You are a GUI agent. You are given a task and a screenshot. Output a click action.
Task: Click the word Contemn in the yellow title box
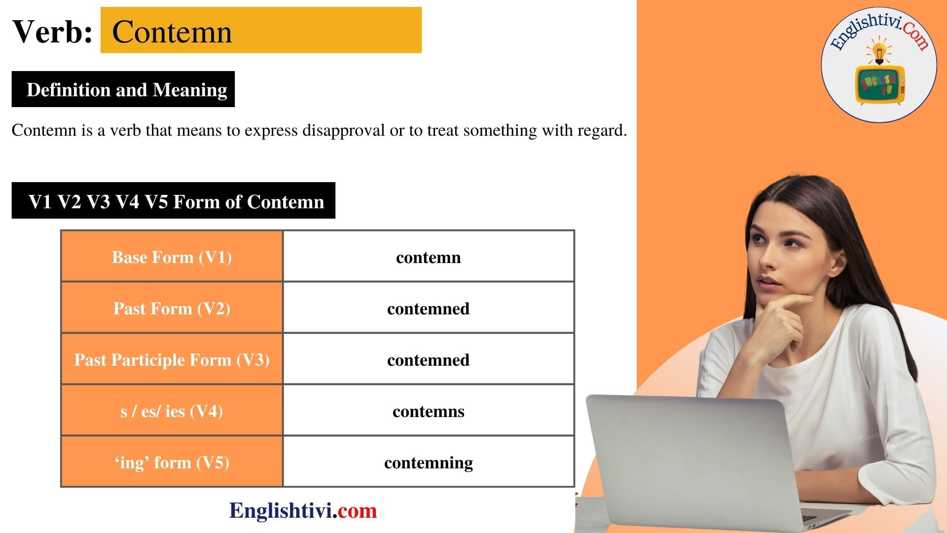pyautogui.click(x=172, y=32)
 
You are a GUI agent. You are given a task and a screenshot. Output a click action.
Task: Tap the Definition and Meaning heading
pyautogui.click(x=126, y=90)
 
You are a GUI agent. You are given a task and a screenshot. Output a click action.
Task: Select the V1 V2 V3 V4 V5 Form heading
pyautogui.click(x=176, y=201)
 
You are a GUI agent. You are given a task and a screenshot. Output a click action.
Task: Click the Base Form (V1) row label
pyautogui.click(x=172, y=257)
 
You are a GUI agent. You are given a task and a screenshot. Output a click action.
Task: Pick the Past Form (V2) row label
pyautogui.click(x=172, y=308)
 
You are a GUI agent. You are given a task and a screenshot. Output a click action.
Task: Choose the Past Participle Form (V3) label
pyautogui.click(x=172, y=360)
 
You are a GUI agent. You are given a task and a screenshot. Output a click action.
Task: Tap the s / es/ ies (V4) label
pyautogui.click(x=172, y=411)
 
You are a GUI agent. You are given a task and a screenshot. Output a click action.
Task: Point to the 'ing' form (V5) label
pyautogui.click(x=172, y=462)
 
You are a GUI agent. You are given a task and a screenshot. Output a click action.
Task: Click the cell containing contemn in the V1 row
pyautogui.click(x=428, y=257)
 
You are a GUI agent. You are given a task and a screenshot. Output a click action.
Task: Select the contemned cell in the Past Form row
pyautogui.click(x=428, y=308)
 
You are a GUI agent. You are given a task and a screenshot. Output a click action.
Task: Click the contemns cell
pyautogui.click(x=428, y=411)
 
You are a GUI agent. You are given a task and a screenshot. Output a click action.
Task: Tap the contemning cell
pyautogui.click(x=428, y=462)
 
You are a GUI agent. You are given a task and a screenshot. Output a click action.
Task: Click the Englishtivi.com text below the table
pyautogui.click(x=303, y=510)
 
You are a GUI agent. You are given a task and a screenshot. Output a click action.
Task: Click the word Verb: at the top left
pyautogui.click(x=52, y=32)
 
